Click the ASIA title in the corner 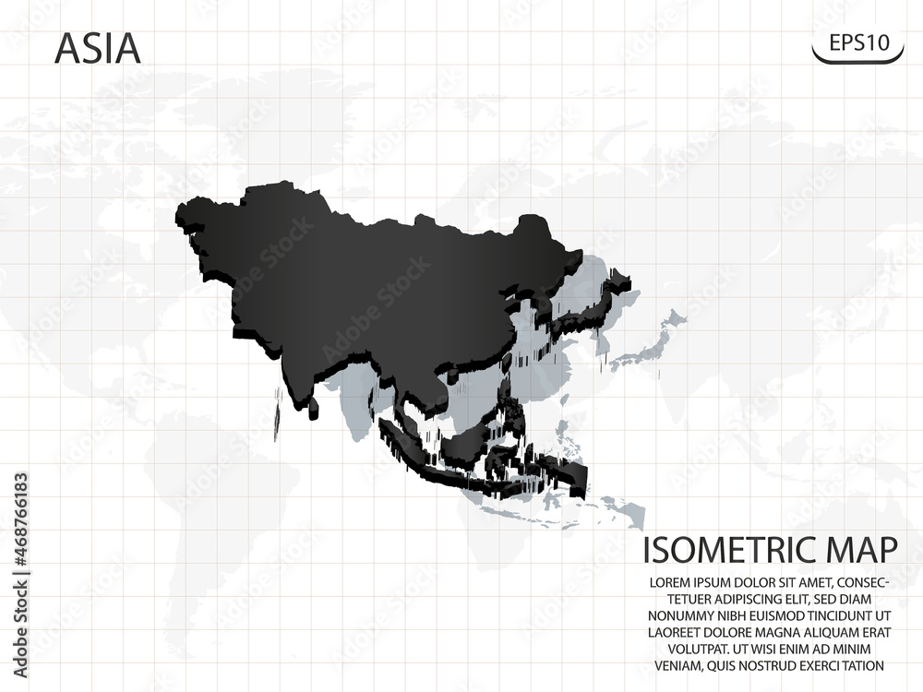[98, 49]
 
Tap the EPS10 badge [857, 42]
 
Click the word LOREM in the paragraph [673, 583]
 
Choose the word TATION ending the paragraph [857, 665]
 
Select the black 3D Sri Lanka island [315, 405]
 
